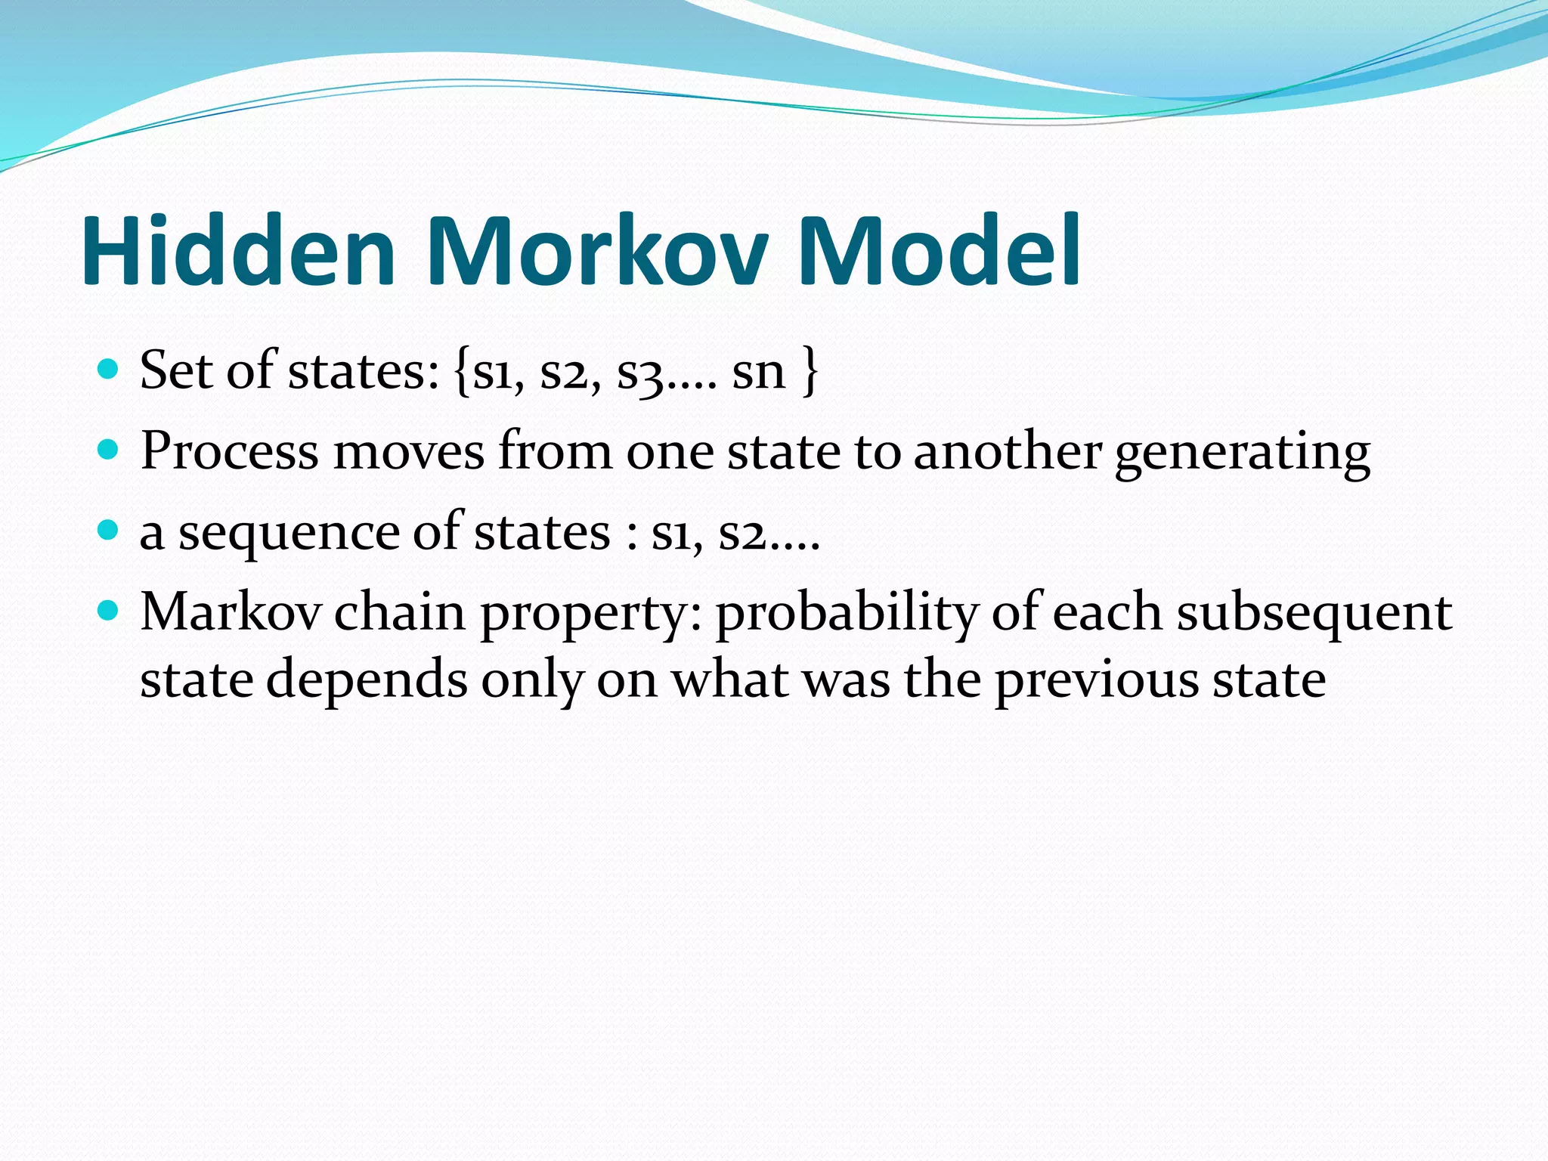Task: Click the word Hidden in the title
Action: tap(238, 251)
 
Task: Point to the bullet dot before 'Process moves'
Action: tap(109, 450)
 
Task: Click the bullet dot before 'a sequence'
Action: tap(109, 530)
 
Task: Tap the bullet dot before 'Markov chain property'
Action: tap(109, 610)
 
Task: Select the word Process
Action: tap(229, 451)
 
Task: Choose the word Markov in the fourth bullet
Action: tap(231, 611)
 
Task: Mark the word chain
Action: tap(399, 611)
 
